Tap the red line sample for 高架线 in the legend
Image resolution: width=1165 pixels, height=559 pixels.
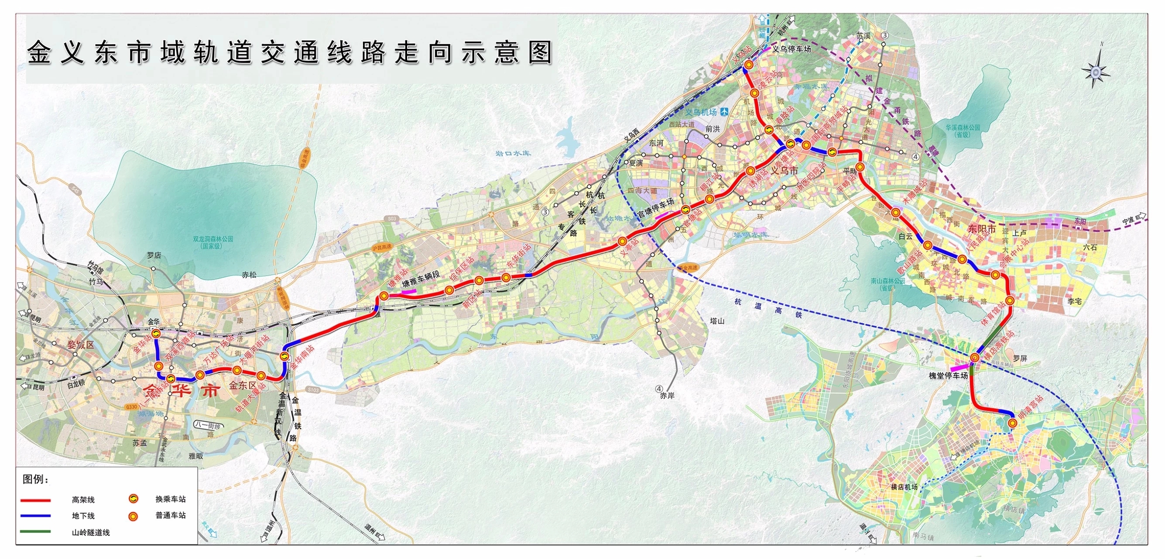click(36, 500)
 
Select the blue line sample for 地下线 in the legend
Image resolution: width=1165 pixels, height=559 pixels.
click(36, 516)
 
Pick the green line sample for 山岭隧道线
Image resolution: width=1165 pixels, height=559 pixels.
click(36, 531)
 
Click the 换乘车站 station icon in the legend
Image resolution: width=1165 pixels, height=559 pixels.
click(134, 499)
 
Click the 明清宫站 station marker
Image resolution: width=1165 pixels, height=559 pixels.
click(1013, 423)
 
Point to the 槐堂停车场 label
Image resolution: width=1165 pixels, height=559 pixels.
click(948, 375)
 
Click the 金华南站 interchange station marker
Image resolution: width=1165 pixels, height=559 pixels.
click(284, 356)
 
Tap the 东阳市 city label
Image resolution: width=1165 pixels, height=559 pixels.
click(981, 229)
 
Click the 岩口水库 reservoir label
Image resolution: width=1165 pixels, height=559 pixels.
click(513, 153)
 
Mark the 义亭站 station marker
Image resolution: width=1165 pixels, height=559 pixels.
click(623, 241)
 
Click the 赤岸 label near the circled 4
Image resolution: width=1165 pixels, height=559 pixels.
click(667, 396)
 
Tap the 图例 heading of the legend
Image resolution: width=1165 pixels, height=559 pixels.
click(35, 480)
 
